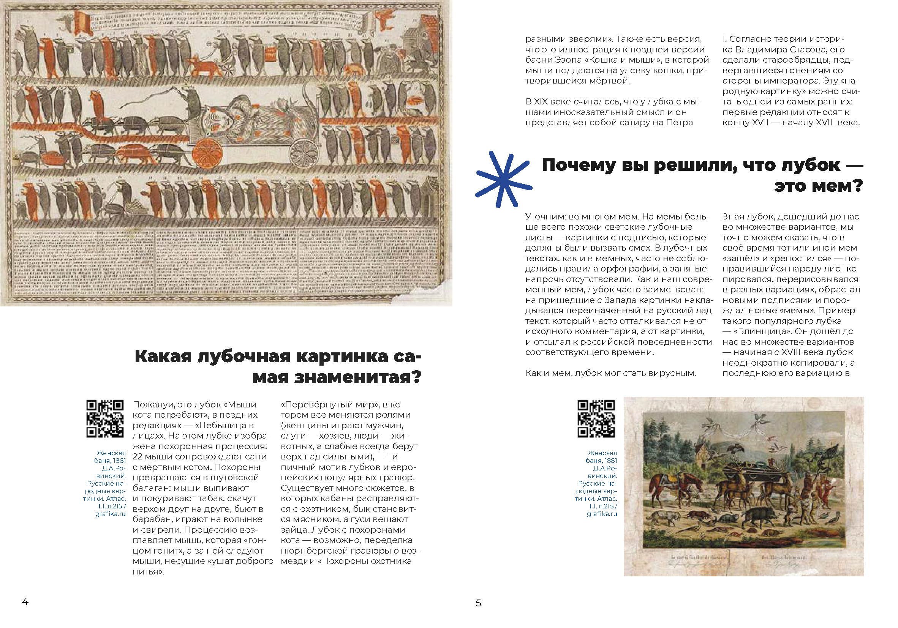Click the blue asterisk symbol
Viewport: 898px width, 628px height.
503,180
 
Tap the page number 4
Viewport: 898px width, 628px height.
25,601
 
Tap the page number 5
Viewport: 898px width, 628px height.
478,603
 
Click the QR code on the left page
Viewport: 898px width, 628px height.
105,418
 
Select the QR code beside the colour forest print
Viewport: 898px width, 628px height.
596,418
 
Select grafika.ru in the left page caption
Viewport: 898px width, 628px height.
110,514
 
